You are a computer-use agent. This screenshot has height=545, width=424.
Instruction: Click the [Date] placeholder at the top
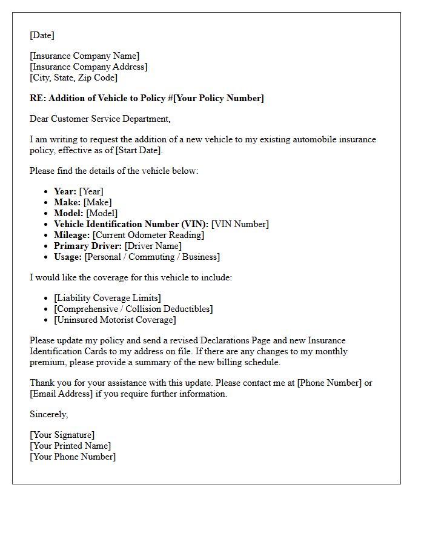42,35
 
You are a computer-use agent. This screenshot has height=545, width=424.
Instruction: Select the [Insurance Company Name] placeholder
84,56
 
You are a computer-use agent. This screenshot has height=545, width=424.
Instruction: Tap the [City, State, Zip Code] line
73,78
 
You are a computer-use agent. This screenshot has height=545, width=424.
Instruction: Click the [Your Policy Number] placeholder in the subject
219,98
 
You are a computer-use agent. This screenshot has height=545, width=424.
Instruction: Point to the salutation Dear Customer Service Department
100,119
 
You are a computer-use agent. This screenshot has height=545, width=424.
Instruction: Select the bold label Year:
65,191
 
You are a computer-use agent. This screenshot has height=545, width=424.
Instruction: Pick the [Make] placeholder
98,202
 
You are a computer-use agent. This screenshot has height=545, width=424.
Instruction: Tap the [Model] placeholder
102,213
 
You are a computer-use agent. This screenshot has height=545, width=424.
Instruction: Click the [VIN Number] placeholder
240,224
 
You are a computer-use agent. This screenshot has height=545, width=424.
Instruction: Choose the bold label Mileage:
72,235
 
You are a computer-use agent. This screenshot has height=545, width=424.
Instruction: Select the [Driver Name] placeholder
153,246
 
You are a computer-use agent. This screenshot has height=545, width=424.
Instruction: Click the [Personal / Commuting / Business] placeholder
152,257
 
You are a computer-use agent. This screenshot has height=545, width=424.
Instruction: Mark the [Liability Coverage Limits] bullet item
107,298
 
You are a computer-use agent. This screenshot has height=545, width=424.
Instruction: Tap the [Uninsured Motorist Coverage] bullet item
114,320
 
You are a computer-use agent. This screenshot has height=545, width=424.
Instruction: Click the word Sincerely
48,414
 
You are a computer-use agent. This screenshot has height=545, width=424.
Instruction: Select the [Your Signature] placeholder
62,435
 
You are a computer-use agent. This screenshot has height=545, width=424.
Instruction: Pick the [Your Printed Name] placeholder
70,446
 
